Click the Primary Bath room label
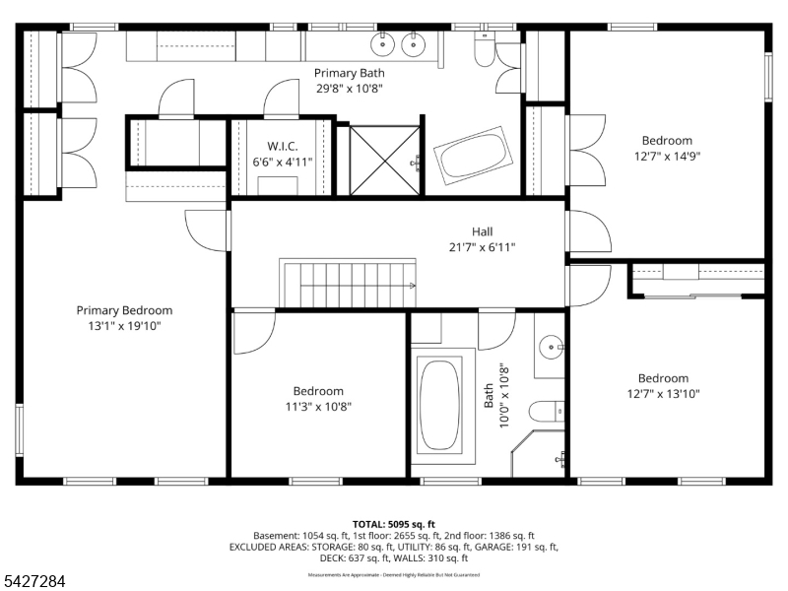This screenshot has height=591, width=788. [349, 73]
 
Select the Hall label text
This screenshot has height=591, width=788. [483, 232]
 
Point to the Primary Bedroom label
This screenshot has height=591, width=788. [124, 310]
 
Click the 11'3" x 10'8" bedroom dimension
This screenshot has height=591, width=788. [317, 406]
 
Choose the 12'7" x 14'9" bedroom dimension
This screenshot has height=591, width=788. [667, 156]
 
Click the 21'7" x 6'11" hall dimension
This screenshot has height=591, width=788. [483, 248]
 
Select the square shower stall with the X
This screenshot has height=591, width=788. [378, 160]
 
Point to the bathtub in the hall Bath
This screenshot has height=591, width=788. [439, 404]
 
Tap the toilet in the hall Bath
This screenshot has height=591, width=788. [545, 411]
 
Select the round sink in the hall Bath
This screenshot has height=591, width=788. [552, 346]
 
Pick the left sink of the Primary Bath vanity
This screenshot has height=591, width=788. [381, 42]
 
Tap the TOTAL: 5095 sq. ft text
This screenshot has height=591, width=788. [393, 524]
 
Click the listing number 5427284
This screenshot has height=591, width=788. [33, 582]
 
